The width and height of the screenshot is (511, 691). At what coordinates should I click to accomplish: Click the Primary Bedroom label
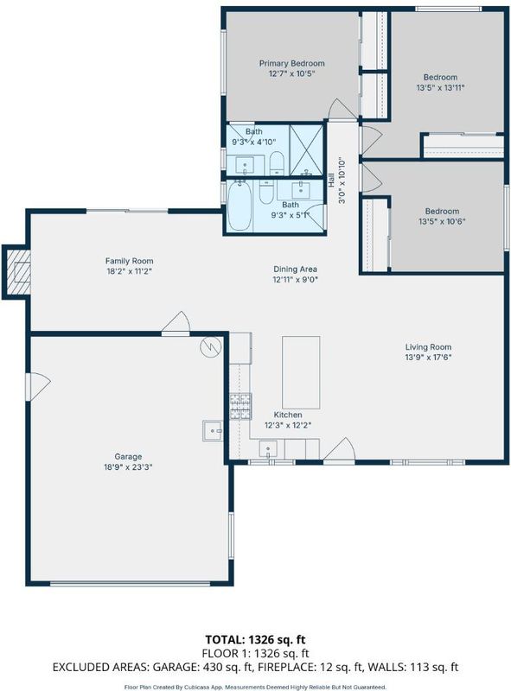point(291,63)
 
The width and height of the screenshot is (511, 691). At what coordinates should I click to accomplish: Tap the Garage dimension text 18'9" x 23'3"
point(128,467)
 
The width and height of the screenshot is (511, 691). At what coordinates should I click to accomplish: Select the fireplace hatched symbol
point(17,272)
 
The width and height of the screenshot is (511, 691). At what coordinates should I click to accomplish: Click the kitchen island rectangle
point(301,373)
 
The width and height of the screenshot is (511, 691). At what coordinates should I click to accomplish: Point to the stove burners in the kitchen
point(240,406)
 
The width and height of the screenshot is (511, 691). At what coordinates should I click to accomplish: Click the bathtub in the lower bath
point(240,206)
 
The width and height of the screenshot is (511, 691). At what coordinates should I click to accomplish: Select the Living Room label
point(428,347)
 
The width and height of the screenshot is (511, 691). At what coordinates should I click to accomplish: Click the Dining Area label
point(295,269)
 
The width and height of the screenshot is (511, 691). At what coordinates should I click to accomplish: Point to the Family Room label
point(129,261)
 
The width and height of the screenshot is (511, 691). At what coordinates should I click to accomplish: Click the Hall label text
point(331,181)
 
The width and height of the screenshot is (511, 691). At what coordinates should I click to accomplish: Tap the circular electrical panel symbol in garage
point(210,347)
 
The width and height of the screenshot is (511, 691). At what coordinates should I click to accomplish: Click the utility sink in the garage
point(213,431)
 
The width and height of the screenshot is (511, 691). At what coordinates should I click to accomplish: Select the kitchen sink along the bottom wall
point(268,449)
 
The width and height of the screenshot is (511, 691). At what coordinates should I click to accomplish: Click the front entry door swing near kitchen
point(339,449)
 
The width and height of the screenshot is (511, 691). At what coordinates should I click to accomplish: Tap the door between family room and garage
point(176,322)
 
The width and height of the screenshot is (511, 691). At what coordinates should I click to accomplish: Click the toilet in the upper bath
point(276,162)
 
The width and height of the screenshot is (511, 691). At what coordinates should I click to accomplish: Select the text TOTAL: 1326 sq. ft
point(256,639)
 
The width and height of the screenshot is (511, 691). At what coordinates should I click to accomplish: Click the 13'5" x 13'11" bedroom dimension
point(440,88)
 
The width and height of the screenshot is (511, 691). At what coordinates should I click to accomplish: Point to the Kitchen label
point(288,415)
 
